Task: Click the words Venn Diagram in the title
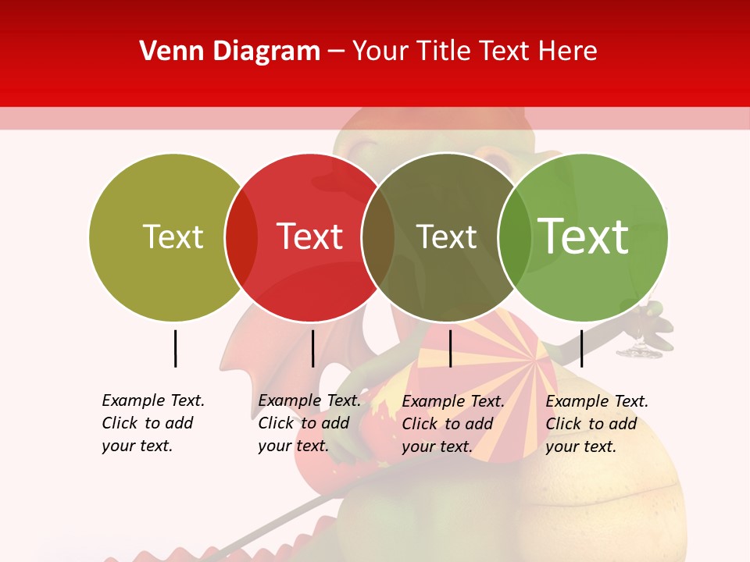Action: pyautogui.click(x=230, y=52)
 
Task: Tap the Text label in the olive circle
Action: pyautogui.click(x=173, y=237)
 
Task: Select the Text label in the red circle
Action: pyautogui.click(x=309, y=237)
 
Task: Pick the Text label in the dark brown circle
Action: pyautogui.click(x=446, y=237)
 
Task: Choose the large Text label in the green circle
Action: pyautogui.click(x=584, y=236)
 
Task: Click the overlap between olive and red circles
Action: pyautogui.click(x=241, y=237)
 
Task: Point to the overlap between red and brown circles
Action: pyautogui.click(x=378, y=237)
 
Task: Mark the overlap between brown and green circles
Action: pyautogui.click(x=514, y=237)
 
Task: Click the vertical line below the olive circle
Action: pyautogui.click(x=175, y=348)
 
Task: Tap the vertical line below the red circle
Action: pyautogui.click(x=312, y=348)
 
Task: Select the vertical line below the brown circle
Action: pyautogui.click(x=450, y=348)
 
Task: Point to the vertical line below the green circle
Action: pyautogui.click(x=581, y=348)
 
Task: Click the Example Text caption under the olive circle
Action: pyautogui.click(x=153, y=423)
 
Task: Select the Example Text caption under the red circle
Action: pyautogui.click(x=309, y=423)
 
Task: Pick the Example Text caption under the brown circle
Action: pyautogui.click(x=453, y=424)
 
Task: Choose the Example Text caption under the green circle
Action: pyautogui.click(x=597, y=424)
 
